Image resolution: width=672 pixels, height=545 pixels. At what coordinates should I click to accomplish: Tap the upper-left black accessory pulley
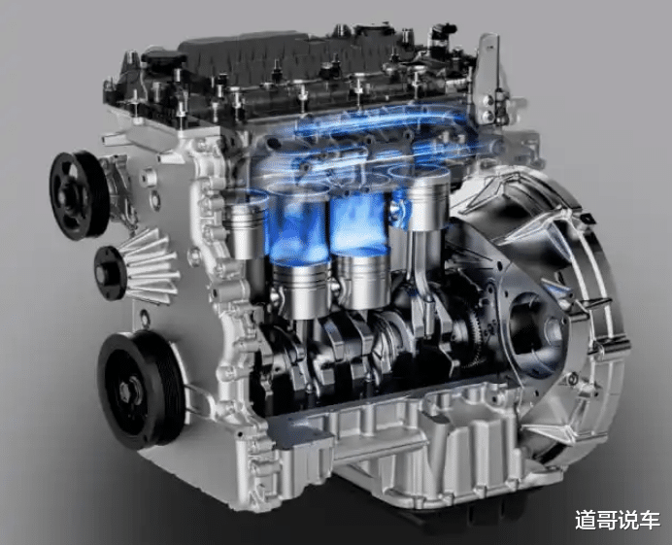pyautogui.click(x=79, y=195)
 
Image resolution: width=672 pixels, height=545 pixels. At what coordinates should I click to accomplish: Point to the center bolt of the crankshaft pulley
pyautogui.click(x=127, y=391)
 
